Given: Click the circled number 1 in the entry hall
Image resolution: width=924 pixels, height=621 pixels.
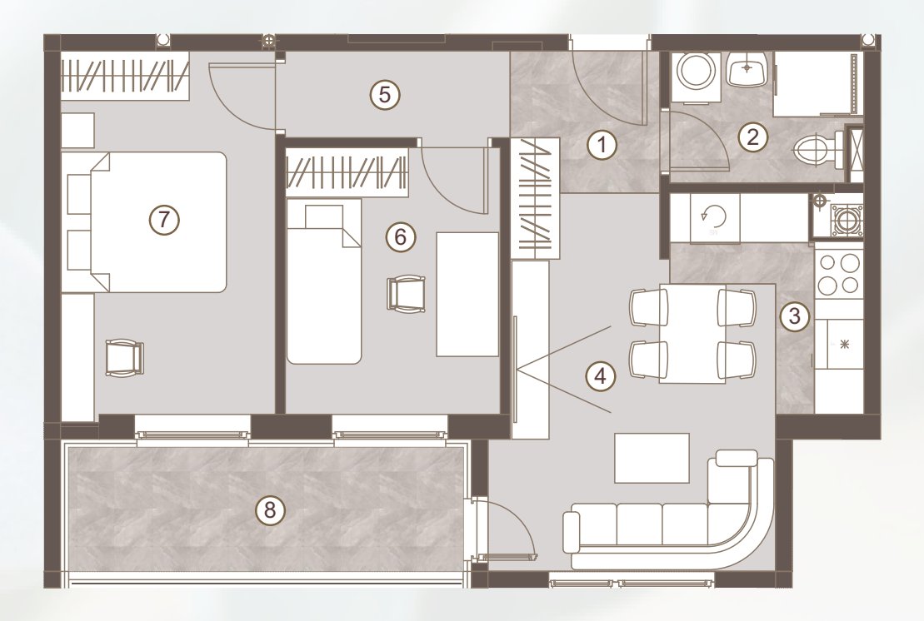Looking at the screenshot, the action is [x=602, y=145].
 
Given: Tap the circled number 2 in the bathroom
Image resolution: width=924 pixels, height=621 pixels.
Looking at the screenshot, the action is [x=752, y=137].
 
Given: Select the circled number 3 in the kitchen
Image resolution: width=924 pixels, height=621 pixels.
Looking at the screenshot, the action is [x=794, y=316].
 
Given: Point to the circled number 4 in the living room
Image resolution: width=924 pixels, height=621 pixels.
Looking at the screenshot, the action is [x=601, y=375].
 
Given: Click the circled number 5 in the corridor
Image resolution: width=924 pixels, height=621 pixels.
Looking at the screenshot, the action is [x=385, y=94].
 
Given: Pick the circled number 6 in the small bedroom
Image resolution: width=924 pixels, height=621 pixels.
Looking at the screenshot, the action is [x=401, y=237].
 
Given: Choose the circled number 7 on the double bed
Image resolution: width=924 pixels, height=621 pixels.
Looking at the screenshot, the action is [x=164, y=220].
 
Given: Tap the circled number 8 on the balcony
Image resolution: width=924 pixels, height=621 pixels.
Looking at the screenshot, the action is [x=270, y=509].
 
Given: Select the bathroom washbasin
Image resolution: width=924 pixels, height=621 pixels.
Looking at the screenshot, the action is [x=747, y=68].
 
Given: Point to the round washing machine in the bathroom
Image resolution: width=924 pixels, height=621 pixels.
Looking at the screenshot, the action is [x=697, y=73].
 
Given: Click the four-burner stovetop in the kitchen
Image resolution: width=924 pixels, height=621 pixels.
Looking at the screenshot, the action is [x=838, y=275].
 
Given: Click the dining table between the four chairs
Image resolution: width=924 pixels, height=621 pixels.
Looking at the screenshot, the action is [x=692, y=334].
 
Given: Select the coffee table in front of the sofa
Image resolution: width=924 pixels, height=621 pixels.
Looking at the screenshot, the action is [x=652, y=458].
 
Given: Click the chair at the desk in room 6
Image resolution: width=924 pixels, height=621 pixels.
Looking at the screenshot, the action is [x=406, y=293].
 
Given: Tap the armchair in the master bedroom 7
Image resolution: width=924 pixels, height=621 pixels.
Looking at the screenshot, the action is [x=124, y=357].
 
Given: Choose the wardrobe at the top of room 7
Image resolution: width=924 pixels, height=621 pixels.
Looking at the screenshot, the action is [x=125, y=76].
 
